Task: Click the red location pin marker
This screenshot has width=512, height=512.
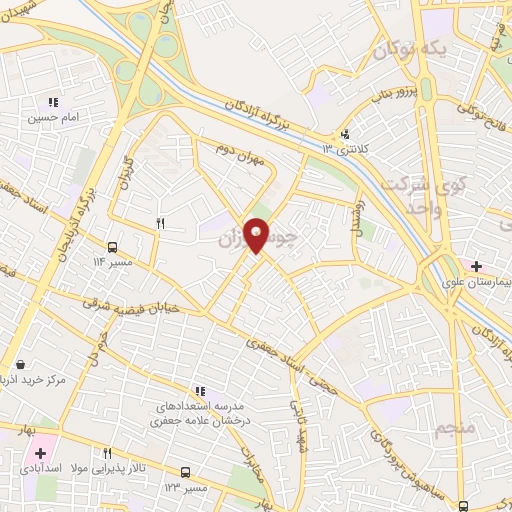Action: tap(257, 236)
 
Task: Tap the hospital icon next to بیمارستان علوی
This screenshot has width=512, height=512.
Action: tap(477, 266)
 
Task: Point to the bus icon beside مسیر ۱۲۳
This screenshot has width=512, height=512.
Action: tap(185, 471)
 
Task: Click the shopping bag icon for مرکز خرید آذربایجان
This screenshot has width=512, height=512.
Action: tap(21, 365)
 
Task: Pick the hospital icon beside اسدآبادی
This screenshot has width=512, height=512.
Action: tap(39, 453)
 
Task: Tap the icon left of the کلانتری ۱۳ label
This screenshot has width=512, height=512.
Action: tap(346, 134)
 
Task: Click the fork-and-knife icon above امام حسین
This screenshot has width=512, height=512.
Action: tap(52, 102)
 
